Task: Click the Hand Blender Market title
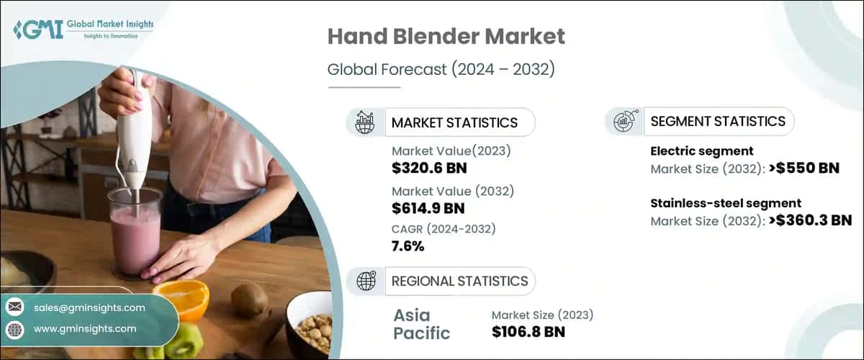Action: pos(446,37)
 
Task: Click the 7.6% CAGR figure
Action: pos(408,246)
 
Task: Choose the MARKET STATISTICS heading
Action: pos(454,122)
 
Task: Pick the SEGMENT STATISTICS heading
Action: pos(717,122)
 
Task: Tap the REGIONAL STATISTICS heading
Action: pos(459,281)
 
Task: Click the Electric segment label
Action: pos(701,151)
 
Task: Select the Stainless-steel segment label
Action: pos(725,203)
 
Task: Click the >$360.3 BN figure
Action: pos(809,220)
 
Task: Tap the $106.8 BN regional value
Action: pos(528,331)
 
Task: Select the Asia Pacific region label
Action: pos(422,324)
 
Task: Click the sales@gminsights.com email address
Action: pos(89,307)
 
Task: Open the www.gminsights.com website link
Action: pos(85,328)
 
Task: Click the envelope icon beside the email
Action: pos(14,307)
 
